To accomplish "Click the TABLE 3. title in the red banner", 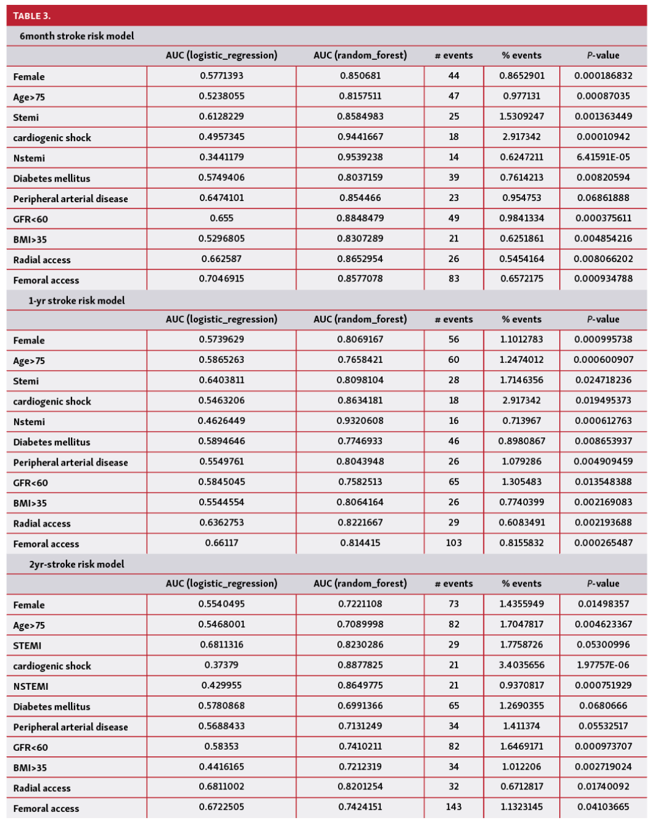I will coord(32,16).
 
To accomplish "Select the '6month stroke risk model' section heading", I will coord(76,36).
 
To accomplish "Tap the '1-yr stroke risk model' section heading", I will coord(76,301).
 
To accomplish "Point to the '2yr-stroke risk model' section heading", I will coord(76,565).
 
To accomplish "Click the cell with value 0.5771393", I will coord(221,76).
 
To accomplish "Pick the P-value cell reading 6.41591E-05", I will coord(603,157).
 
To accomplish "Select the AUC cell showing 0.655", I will coord(221,218).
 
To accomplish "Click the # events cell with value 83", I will coord(454,279).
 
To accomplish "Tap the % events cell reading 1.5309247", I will coord(521,116).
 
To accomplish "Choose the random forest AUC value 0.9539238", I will coord(360,157).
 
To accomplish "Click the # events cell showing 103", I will coord(454,543).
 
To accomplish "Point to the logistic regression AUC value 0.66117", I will coord(221,543).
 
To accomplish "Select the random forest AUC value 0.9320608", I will coord(360,421).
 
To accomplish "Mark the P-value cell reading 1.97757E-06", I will coord(603,665).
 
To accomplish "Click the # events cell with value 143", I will coord(454,807).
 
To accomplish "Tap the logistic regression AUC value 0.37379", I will coord(221,665).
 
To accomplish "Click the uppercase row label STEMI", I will coord(28,646).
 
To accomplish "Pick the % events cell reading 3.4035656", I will coord(521,665).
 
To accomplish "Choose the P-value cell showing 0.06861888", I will coord(603,198).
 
